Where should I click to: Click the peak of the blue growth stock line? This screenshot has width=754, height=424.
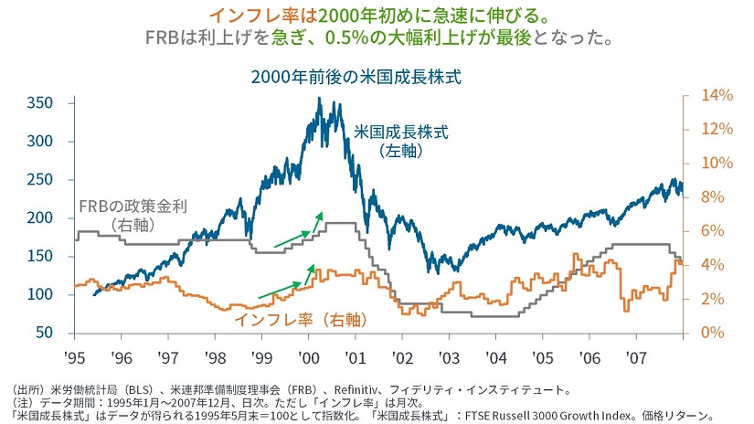[x=318, y=99]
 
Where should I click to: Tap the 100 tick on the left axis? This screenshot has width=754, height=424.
[x=39, y=294]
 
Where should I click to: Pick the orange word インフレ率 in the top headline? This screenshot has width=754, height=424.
[x=247, y=16]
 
